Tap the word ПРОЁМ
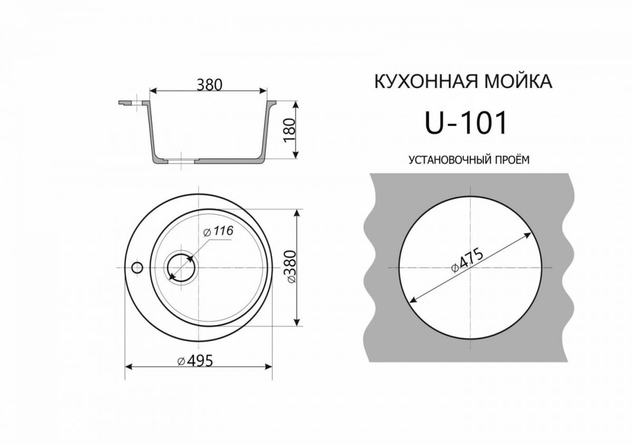point(511,159)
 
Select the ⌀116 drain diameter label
point(217,231)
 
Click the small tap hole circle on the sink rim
point(137,267)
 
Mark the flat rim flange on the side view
point(129,102)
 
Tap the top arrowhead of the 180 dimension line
point(296,103)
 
